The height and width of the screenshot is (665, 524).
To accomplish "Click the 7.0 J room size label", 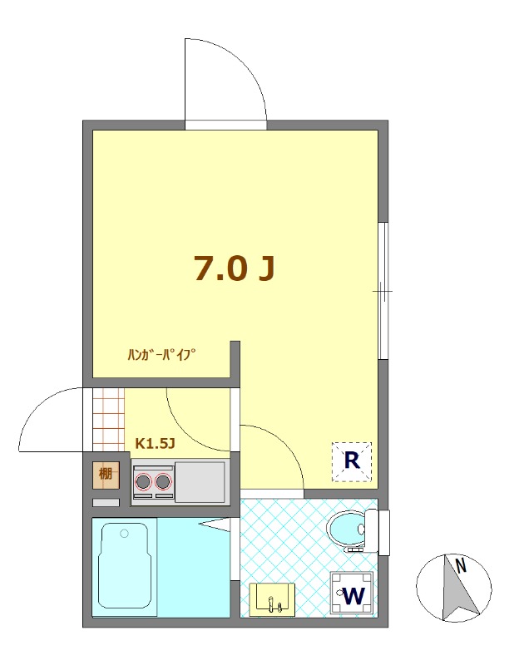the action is point(235,268).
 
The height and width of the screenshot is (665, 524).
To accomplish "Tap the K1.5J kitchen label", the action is point(155,443).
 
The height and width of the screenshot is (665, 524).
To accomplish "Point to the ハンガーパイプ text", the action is point(162,354).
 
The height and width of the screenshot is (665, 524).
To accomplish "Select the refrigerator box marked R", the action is point(351,461).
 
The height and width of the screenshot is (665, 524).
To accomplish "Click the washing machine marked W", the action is point(352,594).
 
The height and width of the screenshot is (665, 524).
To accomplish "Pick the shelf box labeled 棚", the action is point(106,473).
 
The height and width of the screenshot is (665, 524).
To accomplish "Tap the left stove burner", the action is point(143,481).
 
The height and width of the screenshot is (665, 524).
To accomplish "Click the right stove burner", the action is point(163,481).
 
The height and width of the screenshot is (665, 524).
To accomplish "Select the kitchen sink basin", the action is point(200,482).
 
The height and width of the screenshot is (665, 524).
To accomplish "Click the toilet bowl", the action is point(346,530).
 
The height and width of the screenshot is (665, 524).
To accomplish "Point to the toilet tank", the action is point(372,531).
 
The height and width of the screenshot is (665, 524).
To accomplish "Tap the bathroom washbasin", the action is point(272,599).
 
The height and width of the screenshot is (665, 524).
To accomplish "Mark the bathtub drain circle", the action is point(124,534).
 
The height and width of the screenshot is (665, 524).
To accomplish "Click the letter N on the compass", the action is point(461,566).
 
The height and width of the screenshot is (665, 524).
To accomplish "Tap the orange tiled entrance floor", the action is point(109,420).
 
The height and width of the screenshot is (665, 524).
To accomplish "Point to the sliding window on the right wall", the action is point(383,291).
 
